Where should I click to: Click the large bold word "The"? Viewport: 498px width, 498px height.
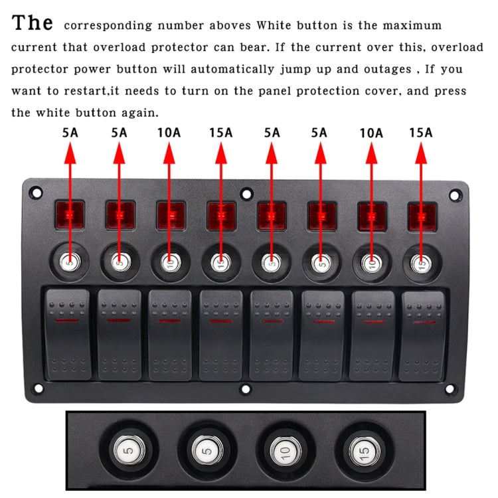coord(33,23)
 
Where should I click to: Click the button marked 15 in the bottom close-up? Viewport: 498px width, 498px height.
coord(363,454)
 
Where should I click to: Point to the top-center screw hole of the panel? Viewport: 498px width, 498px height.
coord(246,195)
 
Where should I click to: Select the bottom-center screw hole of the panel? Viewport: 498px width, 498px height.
coord(246,389)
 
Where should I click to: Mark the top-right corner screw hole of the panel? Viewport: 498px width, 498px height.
coord(455,196)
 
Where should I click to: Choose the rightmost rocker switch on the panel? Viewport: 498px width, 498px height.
coord(422,335)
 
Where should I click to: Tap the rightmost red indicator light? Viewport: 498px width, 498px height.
coord(421,216)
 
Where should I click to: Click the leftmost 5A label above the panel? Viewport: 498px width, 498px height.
coord(70,133)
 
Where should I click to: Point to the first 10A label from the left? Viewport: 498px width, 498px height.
coord(169,133)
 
